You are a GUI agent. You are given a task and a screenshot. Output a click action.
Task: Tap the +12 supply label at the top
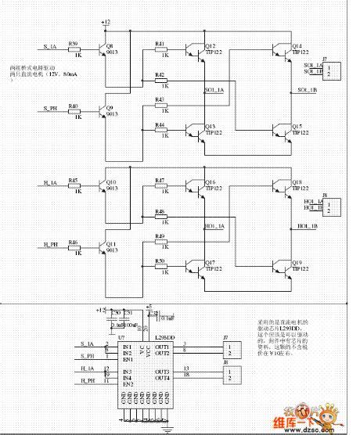coord(106,23)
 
